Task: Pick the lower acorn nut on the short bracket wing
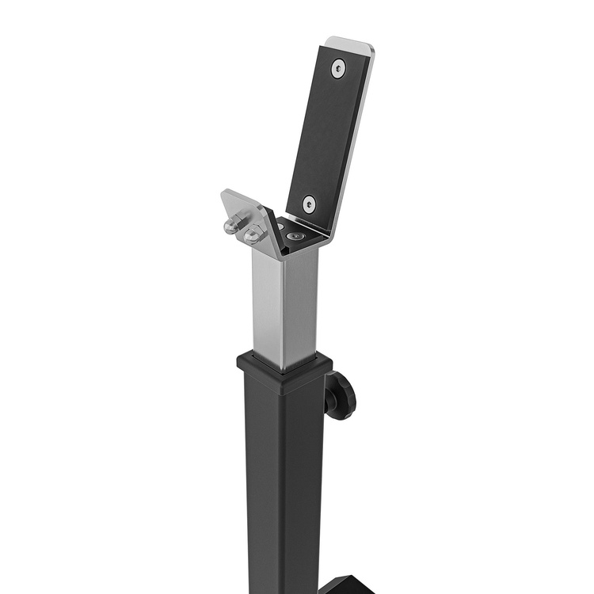[253, 235]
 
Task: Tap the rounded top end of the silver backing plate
[352, 44]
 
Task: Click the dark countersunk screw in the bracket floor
[296, 235]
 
